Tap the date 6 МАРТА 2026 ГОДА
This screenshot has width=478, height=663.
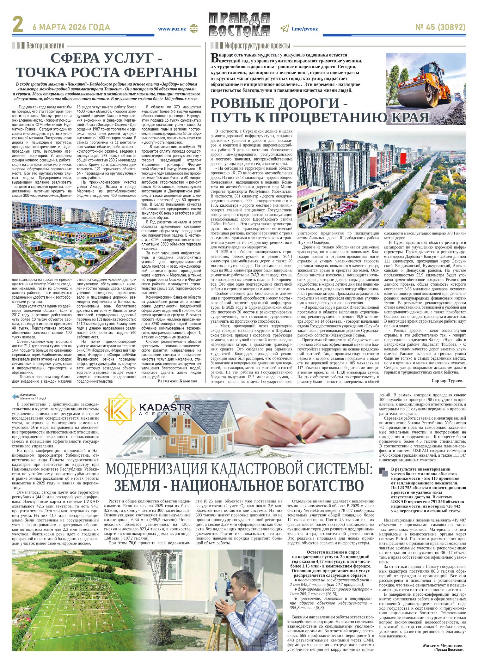(x=71, y=27)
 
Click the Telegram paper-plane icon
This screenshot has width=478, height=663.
(x=284, y=29)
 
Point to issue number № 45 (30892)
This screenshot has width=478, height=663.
(x=440, y=28)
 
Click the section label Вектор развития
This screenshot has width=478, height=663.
(x=45, y=46)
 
